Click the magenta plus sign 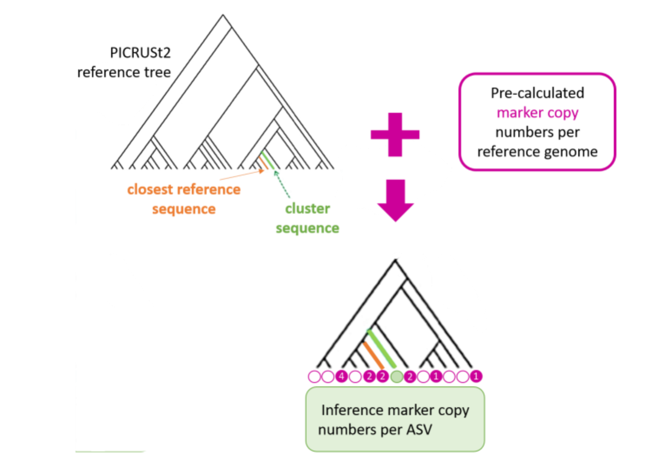point(395,134)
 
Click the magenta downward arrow point(395,200)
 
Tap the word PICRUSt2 point(140,53)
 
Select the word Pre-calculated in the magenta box point(537,93)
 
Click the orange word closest point(150,189)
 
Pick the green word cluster point(307,208)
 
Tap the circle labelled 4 point(342,376)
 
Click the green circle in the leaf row point(396,376)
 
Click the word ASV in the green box point(419,429)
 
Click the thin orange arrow point(241,175)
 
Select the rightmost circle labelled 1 point(476,376)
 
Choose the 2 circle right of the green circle point(409,376)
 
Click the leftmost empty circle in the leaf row point(314,376)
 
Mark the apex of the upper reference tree point(223,16)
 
